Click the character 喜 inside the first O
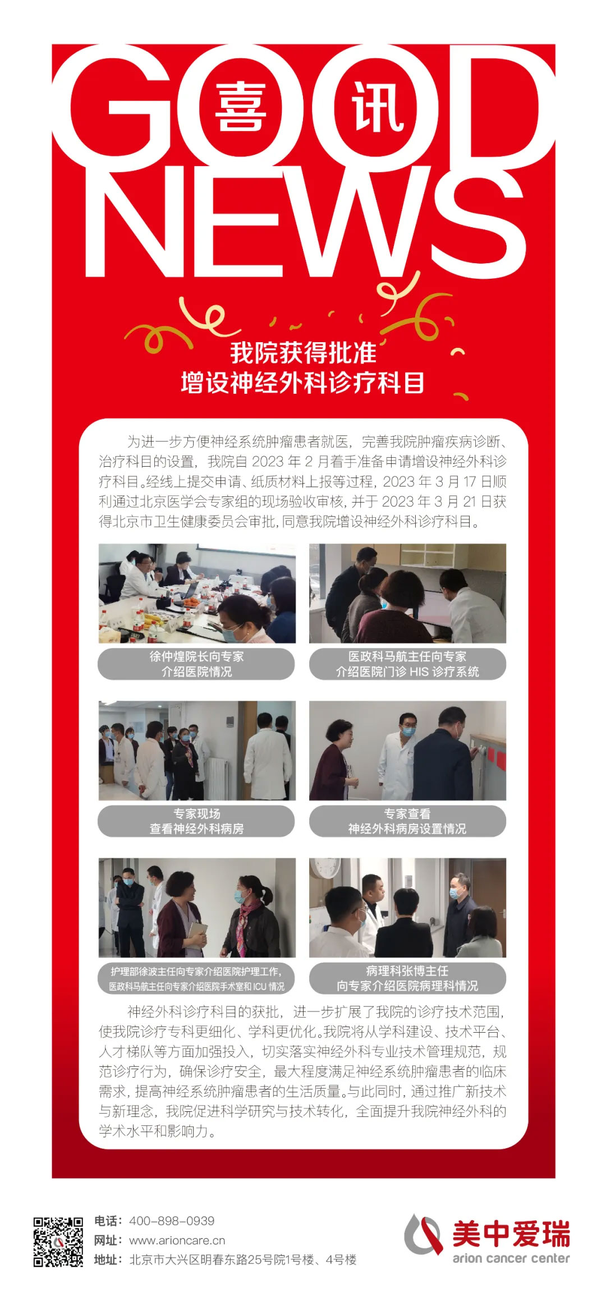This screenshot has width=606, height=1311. tap(240, 107)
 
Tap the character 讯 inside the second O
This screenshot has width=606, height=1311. tap(378, 107)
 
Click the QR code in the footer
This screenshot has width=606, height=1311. tap(58, 1241)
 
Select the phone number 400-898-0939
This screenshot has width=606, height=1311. tap(172, 1221)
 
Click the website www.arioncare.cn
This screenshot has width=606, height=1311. tap(177, 1240)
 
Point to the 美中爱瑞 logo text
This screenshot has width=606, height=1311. tap(511, 1234)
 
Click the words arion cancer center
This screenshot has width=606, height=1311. tap(511, 1258)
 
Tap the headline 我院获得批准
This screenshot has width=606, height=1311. tap(303, 353)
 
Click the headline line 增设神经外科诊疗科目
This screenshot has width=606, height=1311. tap(303, 383)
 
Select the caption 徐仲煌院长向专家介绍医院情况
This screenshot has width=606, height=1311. tap(196, 664)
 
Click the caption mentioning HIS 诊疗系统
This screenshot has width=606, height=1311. tap(407, 664)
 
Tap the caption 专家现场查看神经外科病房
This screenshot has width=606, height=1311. tap(196, 821)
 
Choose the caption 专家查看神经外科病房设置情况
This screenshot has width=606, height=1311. tap(407, 821)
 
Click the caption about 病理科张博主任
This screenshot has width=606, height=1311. tap(407, 978)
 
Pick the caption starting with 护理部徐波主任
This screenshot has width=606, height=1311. tap(196, 978)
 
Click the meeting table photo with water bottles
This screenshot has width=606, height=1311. tap(197, 593)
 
